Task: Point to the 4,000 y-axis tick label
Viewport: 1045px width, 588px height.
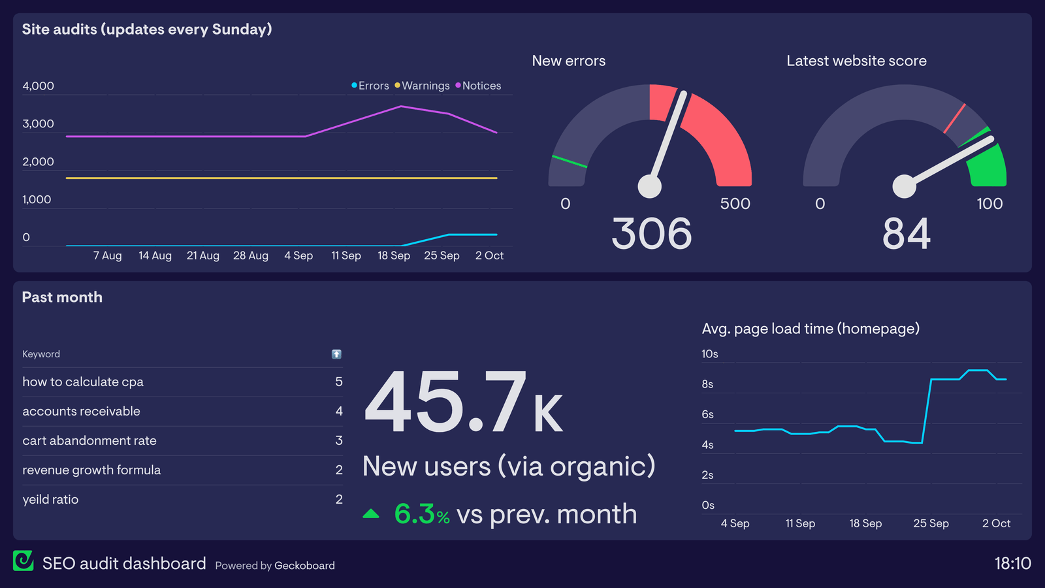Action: pyautogui.click(x=38, y=86)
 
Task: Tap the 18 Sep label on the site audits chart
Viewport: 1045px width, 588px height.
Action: pyautogui.click(x=394, y=255)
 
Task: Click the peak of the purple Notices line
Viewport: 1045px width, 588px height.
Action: pyautogui.click(x=401, y=106)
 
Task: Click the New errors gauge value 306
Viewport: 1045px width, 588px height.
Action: pyautogui.click(x=651, y=233)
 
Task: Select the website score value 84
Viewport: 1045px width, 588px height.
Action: pyautogui.click(x=906, y=233)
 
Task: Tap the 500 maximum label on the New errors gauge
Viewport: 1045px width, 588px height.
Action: pyautogui.click(x=735, y=204)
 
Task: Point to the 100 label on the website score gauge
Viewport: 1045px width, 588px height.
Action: pyautogui.click(x=989, y=204)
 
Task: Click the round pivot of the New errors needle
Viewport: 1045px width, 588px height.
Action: pyautogui.click(x=650, y=186)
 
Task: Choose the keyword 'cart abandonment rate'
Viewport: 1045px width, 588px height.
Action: pyautogui.click(x=89, y=440)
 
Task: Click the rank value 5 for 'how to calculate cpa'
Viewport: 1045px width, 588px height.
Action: pyautogui.click(x=339, y=382)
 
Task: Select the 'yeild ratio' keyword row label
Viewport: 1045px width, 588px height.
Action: pyautogui.click(x=50, y=499)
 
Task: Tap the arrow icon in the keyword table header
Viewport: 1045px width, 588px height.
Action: pyautogui.click(x=336, y=354)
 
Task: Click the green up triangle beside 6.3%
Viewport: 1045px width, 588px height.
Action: pyautogui.click(x=371, y=514)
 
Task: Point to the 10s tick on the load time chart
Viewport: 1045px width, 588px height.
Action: pyautogui.click(x=709, y=354)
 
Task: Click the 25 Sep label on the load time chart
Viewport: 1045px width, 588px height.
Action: pyautogui.click(x=931, y=523)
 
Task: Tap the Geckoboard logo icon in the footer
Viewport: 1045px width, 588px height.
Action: pyautogui.click(x=24, y=561)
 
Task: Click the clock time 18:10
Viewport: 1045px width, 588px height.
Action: pyautogui.click(x=1012, y=563)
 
